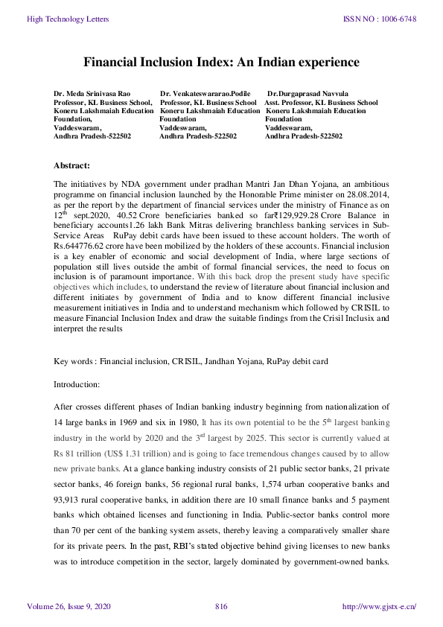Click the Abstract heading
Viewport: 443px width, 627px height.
click(72, 165)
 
